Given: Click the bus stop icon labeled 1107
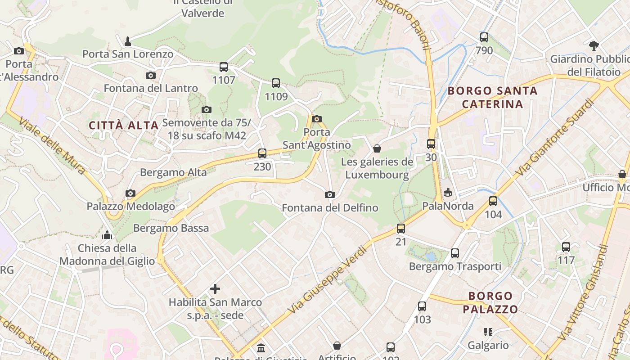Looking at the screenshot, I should click(224, 67).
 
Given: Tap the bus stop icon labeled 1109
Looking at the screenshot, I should click(276, 83).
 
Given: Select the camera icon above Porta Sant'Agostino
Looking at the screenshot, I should click(317, 119).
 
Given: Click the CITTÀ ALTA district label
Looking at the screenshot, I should click(124, 126).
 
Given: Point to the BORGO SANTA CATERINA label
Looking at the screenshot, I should click(493, 98).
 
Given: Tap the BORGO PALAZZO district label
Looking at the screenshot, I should click(490, 302).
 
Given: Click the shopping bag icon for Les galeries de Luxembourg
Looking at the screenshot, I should click(377, 148).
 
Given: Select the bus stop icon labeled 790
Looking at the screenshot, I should click(484, 37).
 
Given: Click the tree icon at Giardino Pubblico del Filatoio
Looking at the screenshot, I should click(594, 45).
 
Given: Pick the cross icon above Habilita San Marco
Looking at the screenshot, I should click(215, 289).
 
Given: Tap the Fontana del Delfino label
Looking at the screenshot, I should click(330, 208).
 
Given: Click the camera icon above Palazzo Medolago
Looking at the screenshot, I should click(130, 193).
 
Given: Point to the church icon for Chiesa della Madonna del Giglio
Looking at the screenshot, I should click(107, 235).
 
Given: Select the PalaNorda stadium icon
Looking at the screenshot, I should click(448, 193).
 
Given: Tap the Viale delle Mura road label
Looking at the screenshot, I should click(53, 147).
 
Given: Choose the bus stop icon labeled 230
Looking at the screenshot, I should click(262, 153).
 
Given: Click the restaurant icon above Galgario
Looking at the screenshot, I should click(488, 332).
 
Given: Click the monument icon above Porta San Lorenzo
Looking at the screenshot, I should click(128, 41).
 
